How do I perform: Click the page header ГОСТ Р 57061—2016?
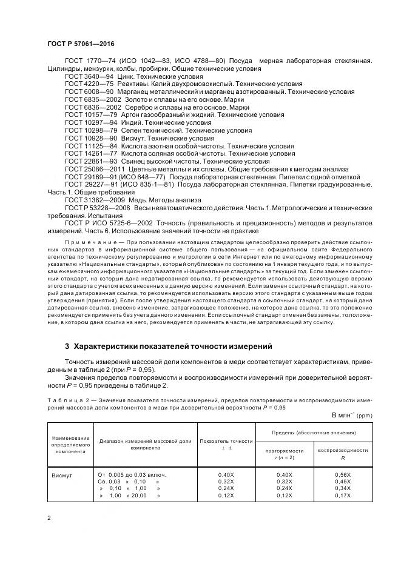coord(80,44)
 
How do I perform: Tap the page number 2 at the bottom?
coord(49,518)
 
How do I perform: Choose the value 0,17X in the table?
coord(343,496)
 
